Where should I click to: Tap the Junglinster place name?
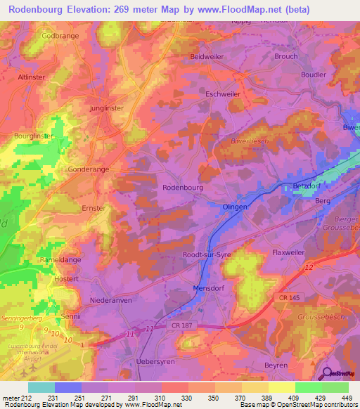pos(107,109)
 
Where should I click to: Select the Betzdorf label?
pos(306,186)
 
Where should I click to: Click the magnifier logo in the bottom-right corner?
pos(326,373)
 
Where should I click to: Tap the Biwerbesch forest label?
pos(246,141)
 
